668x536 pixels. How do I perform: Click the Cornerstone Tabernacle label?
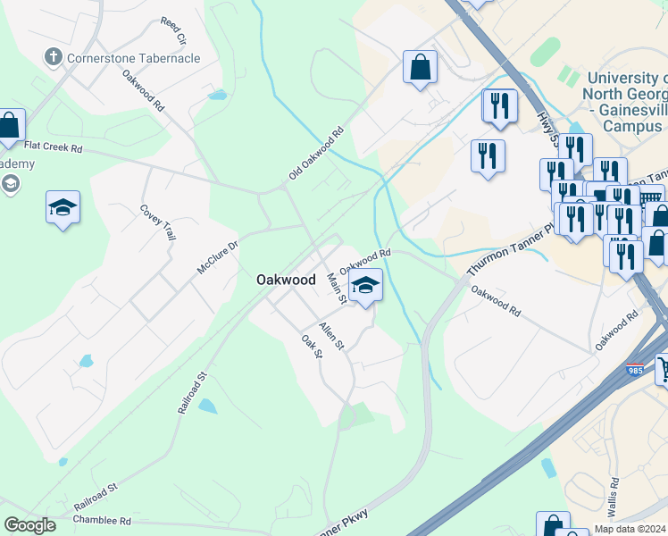pyautogui.click(x=133, y=58)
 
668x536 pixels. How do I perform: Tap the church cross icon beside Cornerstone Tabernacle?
pyautogui.click(x=54, y=57)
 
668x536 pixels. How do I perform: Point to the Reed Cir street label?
pyautogui.click(x=172, y=31)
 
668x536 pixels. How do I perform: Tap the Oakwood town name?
pyautogui.click(x=286, y=280)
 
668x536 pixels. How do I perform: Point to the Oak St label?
pyautogui.click(x=311, y=348)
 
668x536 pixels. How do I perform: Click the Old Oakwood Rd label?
pyautogui.click(x=316, y=155)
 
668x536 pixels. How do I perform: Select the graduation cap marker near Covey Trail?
pyautogui.click(x=63, y=208)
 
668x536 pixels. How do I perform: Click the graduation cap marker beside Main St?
pyautogui.click(x=366, y=286)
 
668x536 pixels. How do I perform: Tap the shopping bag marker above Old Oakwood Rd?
pyautogui.click(x=420, y=68)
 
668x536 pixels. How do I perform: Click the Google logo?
pyautogui.click(x=29, y=525)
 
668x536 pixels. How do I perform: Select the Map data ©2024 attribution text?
pyautogui.click(x=630, y=529)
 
